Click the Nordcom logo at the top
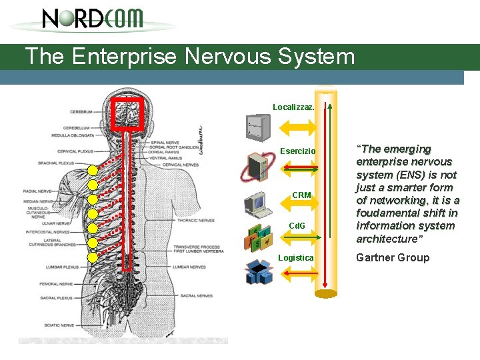93,19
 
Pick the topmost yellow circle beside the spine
93,171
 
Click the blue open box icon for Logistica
257,272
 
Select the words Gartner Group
393,257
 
